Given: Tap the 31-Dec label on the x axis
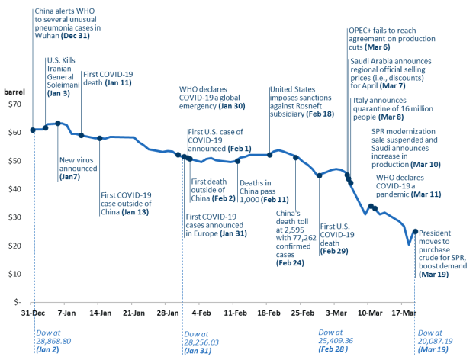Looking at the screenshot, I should [32, 313].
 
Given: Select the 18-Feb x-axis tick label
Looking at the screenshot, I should [269, 313].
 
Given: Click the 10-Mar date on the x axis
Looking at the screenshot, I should [370, 313].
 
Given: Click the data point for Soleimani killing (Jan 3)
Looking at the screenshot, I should [46, 127].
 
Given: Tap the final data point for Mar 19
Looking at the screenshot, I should [415, 231].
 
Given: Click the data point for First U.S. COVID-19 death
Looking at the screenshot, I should [319, 175].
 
